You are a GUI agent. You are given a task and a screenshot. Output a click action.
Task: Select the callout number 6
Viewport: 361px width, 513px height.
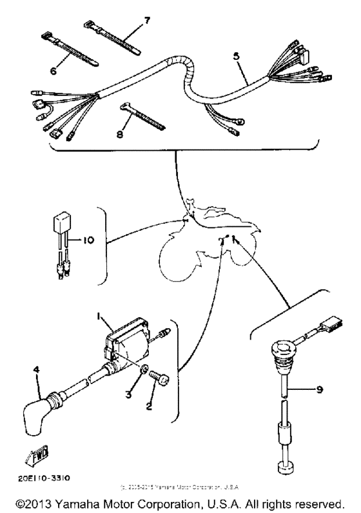click(x=54, y=71)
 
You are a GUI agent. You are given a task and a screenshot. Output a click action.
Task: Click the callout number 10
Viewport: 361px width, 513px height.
click(x=88, y=240)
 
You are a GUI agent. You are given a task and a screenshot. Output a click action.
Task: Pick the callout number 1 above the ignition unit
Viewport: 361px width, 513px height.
click(x=99, y=317)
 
